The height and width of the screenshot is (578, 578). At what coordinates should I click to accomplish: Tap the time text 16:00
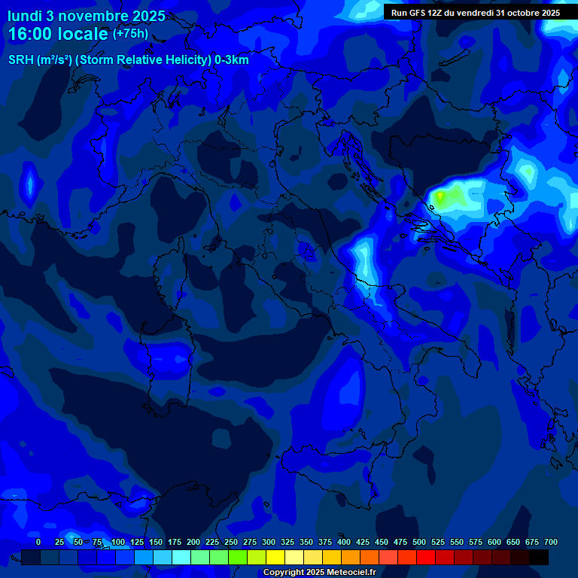pyautogui.click(x=31, y=34)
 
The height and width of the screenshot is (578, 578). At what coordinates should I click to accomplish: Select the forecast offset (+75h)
pyautogui.click(x=130, y=34)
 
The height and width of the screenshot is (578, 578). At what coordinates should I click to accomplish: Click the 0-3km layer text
pyautogui.click(x=232, y=60)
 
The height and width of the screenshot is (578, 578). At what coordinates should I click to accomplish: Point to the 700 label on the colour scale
pyautogui.click(x=551, y=542)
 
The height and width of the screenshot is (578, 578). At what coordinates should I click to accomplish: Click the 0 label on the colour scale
pyautogui.click(x=38, y=542)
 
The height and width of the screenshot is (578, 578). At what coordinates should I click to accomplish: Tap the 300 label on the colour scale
pyautogui.click(x=269, y=542)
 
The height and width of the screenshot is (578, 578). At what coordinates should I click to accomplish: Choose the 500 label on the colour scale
pyautogui.click(x=419, y=542)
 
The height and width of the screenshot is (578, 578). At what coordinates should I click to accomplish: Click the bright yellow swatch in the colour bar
pyautogui.click(x=275, y=557)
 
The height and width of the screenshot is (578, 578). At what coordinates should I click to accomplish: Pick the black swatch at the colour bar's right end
pyautogui.click(x=539, y=557)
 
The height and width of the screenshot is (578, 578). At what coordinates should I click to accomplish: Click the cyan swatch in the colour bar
pyautogui.click(x=181, y=557)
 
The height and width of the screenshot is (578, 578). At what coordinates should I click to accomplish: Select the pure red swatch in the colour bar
pyautogui.click(x=426, y=557)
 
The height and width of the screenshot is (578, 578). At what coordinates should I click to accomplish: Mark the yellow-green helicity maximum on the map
pyautogui.click(x=440, y=197)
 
